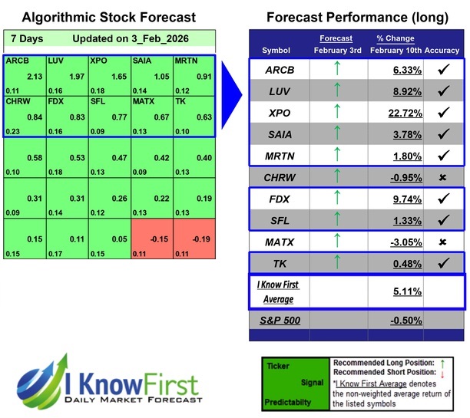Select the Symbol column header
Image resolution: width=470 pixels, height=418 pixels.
(276, 50)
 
